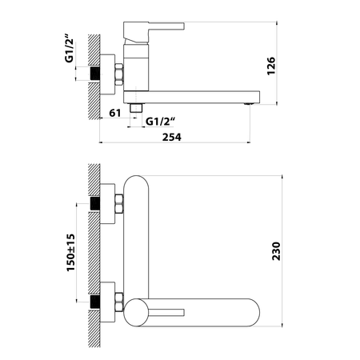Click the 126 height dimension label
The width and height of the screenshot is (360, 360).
point(271,66)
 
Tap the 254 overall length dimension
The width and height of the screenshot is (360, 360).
point(172,137)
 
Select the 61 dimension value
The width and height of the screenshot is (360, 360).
point(115,113)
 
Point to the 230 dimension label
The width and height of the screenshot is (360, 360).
point(276,251)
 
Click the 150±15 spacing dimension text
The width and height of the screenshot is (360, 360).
point(70,253)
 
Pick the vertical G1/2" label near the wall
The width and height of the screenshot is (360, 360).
point(69,49)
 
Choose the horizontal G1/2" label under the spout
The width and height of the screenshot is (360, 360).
point(160,122)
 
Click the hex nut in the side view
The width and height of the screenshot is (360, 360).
point(119,74)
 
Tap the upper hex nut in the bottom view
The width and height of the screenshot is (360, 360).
point(119,204)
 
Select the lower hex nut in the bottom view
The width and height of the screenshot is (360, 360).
point(119,302)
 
